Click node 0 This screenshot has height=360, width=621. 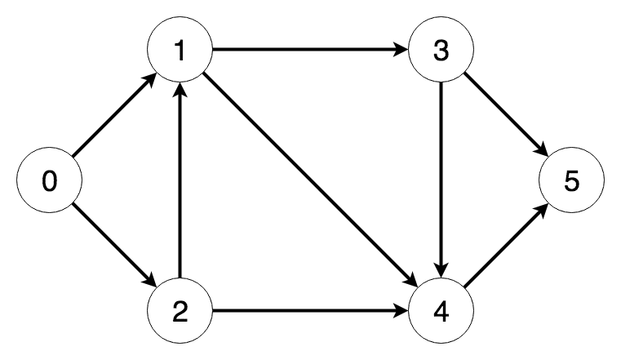click(49, 181)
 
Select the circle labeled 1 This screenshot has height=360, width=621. click(180, 51)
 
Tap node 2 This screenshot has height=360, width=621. click(180, 311)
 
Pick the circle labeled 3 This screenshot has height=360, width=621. click(441, 51)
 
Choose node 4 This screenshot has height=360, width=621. click(441, 311)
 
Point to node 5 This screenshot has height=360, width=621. click(571, 181)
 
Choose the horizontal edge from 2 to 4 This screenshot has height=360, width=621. click(310, 311)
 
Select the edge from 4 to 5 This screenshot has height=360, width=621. click(506, 247)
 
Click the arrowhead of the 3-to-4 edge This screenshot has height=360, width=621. click(441, 271)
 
